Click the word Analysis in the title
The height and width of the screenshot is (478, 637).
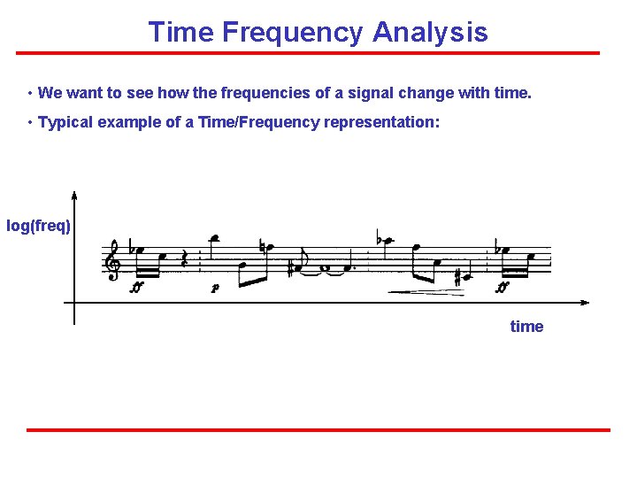click(430, 33)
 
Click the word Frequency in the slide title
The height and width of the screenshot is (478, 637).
click(292, 33)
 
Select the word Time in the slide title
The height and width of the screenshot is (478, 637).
click(181, 33)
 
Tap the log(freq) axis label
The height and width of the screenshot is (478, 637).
click(38, 226)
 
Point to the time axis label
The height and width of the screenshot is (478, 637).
click(526, 327)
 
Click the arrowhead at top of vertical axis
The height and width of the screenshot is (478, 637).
click(74, 197)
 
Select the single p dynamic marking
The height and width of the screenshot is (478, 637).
click(214, 288)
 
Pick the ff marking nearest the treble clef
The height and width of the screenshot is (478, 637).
click(136, 288)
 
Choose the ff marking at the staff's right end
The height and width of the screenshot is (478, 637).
click(503, 287)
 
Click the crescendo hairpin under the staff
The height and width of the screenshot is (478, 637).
click(425, 291)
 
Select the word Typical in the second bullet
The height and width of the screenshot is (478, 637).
click(66, 122)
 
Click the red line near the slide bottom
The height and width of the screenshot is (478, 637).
click(318, 430)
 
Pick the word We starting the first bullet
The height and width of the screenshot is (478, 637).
click(50, 92)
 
